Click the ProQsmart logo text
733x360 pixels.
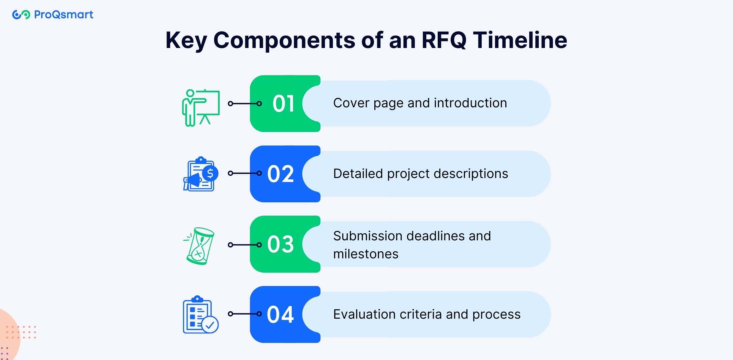(64, 15)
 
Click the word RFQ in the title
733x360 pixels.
(444, 40)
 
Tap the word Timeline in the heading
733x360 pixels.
(520, 40)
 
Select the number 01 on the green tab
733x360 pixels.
(283, 103)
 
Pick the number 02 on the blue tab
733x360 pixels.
(281, 174)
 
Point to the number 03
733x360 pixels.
(281, 244)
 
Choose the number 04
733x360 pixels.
(280, 314)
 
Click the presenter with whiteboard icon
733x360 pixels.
(201, 108)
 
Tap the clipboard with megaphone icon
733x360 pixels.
(201, 174)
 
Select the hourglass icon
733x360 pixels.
(199, 246)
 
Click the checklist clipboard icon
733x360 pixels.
(201, 314)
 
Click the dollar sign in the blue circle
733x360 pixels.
(210, 173)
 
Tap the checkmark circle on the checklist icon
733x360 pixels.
(210, 325)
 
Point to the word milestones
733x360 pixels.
(366, 254)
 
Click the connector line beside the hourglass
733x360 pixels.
(245, 245)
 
